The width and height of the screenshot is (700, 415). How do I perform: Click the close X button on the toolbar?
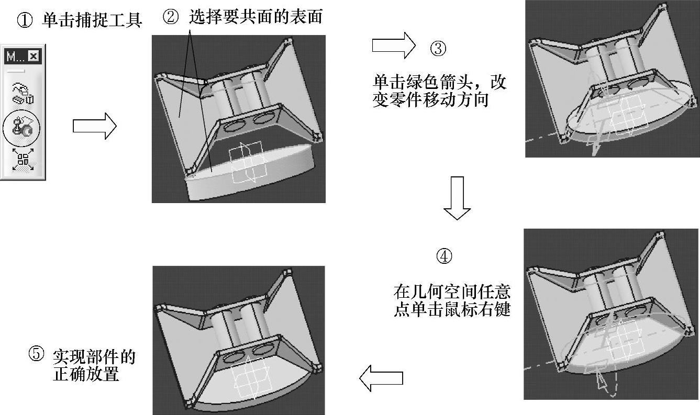coord(33,56)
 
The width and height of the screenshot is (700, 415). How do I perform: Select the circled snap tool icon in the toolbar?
coord(23,128)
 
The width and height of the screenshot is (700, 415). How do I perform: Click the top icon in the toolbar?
coord(23,93)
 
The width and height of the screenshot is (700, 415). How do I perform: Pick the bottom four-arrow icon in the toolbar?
coord(23,160)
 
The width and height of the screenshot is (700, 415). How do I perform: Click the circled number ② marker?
coord(172,18)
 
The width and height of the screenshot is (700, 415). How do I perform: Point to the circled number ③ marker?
coord(438,49)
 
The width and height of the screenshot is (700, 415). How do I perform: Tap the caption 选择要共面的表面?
coord(255,18)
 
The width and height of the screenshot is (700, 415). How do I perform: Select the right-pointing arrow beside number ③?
coord(393,46)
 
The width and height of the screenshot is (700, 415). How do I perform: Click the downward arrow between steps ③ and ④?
coord(457,198)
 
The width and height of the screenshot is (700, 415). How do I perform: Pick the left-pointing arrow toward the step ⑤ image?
coord(381,377)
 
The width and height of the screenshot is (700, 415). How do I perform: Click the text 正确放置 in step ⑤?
coord(86,375)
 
